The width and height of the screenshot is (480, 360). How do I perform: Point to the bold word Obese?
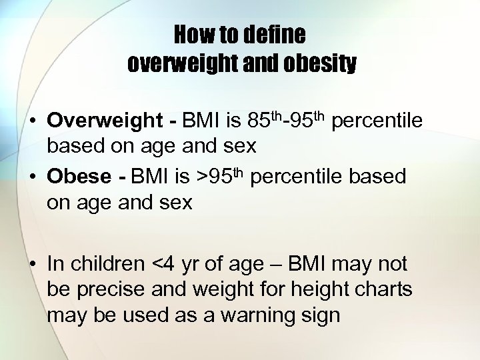(79, 177)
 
